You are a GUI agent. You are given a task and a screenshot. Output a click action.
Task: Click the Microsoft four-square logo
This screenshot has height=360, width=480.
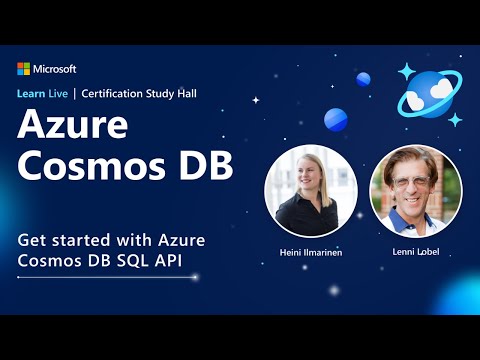point(24,69)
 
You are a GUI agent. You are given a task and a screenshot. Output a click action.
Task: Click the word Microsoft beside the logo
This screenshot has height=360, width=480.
point(55,69)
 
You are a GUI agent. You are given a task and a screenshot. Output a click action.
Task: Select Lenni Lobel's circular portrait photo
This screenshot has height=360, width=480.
point(416,190)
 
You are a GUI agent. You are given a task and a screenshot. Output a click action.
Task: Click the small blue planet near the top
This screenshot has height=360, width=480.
point(363,79)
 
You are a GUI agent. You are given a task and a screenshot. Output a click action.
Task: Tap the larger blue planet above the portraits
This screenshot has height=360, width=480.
point(336,119)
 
